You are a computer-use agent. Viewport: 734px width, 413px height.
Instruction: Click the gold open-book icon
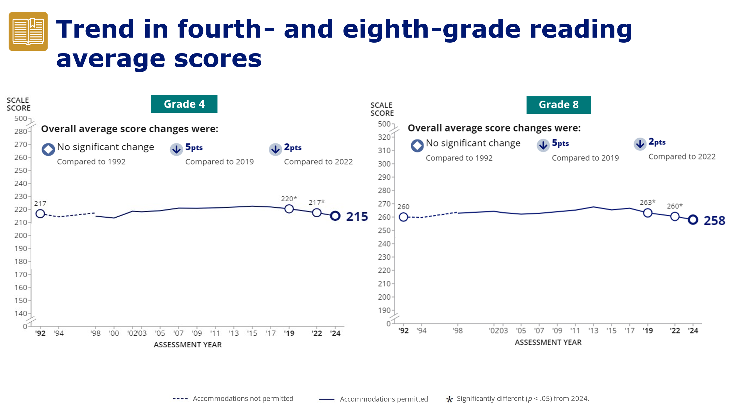[x=28, y=31]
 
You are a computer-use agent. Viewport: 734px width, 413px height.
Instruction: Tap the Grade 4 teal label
[x=184, y=104]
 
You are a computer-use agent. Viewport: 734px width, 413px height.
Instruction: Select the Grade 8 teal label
[x=558, y=105]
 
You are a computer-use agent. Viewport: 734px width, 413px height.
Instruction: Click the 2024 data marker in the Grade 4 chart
[x=335, y=216]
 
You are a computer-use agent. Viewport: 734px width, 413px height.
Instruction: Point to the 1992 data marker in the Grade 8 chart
[x=403, y=217]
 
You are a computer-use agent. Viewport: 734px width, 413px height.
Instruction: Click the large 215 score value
[x=357, y=217]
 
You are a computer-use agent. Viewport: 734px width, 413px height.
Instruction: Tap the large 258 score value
[x=714, y=221]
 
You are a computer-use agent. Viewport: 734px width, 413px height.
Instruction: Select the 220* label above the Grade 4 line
[x=289, y=199]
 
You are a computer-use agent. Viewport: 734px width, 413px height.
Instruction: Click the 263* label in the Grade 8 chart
[x=647, y=202]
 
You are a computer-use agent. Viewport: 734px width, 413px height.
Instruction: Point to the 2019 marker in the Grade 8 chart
[x=648, y=213]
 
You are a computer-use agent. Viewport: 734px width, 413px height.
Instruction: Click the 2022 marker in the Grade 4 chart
[x=317, y=213]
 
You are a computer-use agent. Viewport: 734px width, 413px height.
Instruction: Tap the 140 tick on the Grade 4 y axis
[x=21, y=313]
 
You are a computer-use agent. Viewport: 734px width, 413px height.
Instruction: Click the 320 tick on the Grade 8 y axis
[x=384, y=137]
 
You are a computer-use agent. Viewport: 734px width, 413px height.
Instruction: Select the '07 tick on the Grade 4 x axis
[x=179, y=333]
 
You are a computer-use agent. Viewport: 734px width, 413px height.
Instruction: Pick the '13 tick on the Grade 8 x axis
[x=593, y=331]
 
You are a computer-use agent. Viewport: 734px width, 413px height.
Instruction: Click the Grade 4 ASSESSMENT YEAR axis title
[x=188, y=345]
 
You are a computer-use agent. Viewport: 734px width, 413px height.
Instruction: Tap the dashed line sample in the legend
[x=180, y=399]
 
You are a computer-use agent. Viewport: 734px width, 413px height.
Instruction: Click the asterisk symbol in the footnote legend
[x=449, y=399]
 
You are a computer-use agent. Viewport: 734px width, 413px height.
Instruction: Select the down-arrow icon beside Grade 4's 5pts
[x=176, y=150]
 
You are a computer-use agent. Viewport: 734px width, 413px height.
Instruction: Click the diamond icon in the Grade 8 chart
[x=417, y=145]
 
